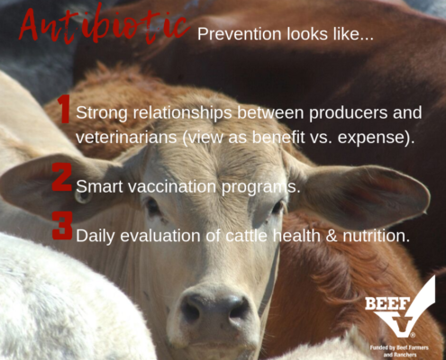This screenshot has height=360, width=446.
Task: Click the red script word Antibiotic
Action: (105, 26)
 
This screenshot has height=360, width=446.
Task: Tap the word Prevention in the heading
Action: (240, 34)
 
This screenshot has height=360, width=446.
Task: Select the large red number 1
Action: (64, 110)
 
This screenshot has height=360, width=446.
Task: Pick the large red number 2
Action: (62, 177)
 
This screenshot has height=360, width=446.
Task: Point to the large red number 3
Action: (62, 226)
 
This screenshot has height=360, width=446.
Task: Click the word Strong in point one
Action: (103, 113)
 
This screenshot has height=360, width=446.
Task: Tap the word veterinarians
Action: (126, 138)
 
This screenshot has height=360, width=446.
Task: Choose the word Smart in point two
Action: (100, 186)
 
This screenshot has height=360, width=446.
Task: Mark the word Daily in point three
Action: (96, 237)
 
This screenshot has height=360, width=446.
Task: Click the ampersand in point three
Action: (332, 236)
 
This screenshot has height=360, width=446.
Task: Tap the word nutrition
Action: (376, 236)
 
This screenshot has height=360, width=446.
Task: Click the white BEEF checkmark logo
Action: (400, 309)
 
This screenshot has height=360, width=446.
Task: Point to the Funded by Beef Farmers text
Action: (399, 351)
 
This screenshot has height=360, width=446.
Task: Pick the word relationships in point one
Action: (183, 113)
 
